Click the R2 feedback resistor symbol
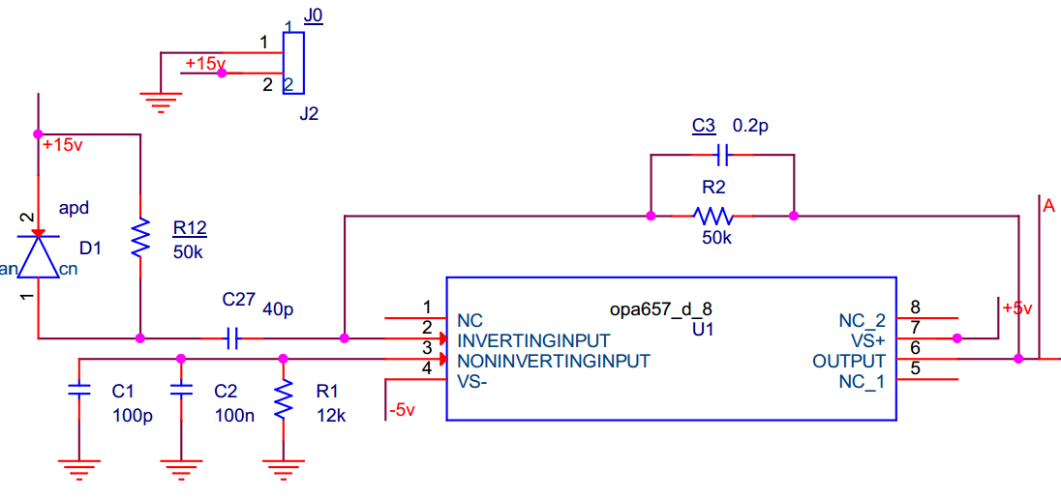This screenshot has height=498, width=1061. (713, 215)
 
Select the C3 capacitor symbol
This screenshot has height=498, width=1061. (721, 154)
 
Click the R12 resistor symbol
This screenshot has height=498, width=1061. (141, 237)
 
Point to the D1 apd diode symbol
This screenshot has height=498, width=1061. (38, 254)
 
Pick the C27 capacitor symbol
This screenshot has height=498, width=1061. (230, 338)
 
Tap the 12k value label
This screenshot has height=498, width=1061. (329, 416)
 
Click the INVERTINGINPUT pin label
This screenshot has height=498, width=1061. (533, 341)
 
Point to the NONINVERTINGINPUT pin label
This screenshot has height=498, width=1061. (554, 361)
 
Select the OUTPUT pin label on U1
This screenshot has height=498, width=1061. (849, 361)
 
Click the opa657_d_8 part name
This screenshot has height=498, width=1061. (661, 309)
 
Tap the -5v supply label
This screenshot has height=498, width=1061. (400, 410)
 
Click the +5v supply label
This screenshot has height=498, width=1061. (1017, 308)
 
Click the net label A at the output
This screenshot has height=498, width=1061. (1048, 205)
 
